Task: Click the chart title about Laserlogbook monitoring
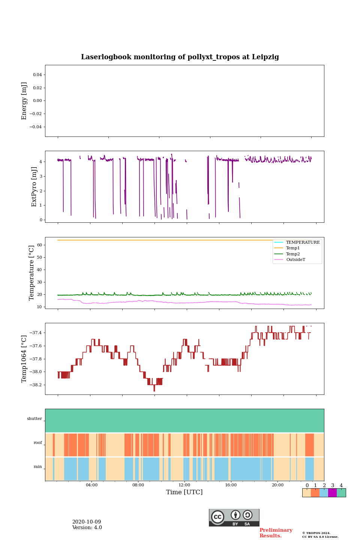pos(180,57)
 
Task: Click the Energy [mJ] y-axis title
pos(24,101)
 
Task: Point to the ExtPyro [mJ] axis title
pos(34,187)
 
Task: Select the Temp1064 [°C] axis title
pos(24,359)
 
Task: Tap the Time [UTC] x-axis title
pos(184,492)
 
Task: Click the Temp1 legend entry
pos(293,248)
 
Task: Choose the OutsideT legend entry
pos(295,259)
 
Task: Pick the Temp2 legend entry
pos(293,254)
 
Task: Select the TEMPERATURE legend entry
pos(303,243)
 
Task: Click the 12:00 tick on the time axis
pos(184,485)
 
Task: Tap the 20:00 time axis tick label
pos(277,485)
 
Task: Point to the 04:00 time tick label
pos(91,485)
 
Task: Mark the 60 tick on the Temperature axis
pos(39,245)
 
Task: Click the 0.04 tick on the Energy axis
pos(37,75)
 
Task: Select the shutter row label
pos(34,418)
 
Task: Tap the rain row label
pos(38,467)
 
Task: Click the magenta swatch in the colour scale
pos(332,493)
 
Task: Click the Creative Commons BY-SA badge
pos(234,517)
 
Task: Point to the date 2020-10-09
pos(87,522)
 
